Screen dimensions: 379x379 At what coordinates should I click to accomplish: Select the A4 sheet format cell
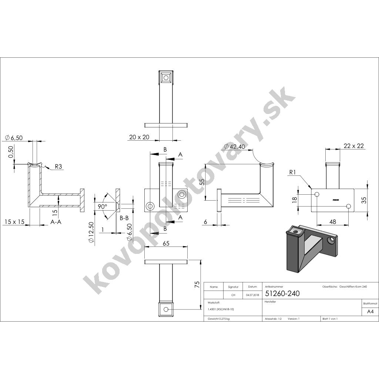pyautogui.click(x=370, y=311)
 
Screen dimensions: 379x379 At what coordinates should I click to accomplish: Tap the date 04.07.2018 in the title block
pyautogui.click(x=252, y=295)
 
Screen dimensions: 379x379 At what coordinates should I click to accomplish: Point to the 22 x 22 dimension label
pyautogui.click(x=352, y=146)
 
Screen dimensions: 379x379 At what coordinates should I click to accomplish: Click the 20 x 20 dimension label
pyautogui.click(x=139, y=137)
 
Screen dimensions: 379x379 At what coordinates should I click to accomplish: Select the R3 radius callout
pyautogui.click(x=58, y=167)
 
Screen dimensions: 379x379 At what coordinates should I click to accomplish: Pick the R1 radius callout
pyautogui.click(x=293, y=172)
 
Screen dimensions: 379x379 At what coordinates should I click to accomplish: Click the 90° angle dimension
pyautogui.click(x=102, y=206)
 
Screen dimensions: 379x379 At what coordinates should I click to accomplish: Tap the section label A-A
pyautogui.click(x=56, y=221)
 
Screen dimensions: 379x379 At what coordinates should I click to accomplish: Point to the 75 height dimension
pyautogui.click(x=197, y=285)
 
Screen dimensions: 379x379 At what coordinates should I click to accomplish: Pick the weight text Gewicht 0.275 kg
pyautogui.click(x=219, y=319)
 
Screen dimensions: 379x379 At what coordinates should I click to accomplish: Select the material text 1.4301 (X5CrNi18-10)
pyautogui.click(x=221, y=309)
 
